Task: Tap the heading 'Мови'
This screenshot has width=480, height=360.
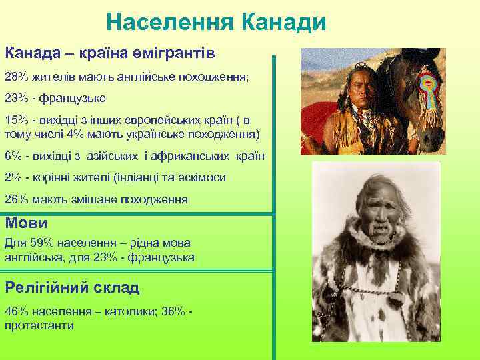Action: pyautogui.click(x=26, y=223)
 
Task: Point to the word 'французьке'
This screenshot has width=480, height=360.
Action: pyautogui.click(x=75, y=98)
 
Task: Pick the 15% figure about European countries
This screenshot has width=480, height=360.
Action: pyautogui.click(x=16, y=120)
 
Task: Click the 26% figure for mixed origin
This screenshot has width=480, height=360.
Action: pyautogui.click(x=16, y=199)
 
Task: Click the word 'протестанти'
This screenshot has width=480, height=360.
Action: pyautogui.click(x=39, y=325)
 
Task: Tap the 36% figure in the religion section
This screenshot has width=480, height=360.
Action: pyautogui.click(x=173, y=311)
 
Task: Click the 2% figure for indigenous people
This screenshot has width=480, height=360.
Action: pyautogui.click(x=13, y=177)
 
